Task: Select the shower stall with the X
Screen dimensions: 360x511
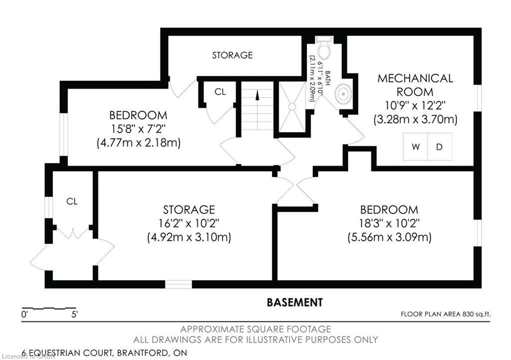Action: (292, 107)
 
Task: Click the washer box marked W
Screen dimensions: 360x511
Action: (415, 147)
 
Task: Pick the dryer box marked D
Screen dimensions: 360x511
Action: (440, 147)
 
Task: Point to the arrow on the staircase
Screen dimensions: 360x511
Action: (257, 96)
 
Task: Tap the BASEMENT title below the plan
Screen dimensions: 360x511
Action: (294, 302)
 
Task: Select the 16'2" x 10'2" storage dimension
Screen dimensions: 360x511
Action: (189, 223)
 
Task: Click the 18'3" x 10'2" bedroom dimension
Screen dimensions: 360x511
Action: (390, 223)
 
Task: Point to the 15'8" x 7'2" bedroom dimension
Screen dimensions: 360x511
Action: (138, 129)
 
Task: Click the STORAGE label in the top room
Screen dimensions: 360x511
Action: (233, 55)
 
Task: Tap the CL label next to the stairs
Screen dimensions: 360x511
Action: (220, 92)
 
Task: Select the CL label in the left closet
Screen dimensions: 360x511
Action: (72, 201)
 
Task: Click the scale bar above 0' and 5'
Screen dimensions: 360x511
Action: (49, 308)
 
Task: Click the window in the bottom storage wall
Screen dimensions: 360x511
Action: (179, 284)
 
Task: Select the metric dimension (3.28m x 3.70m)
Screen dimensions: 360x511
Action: (415, 120)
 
